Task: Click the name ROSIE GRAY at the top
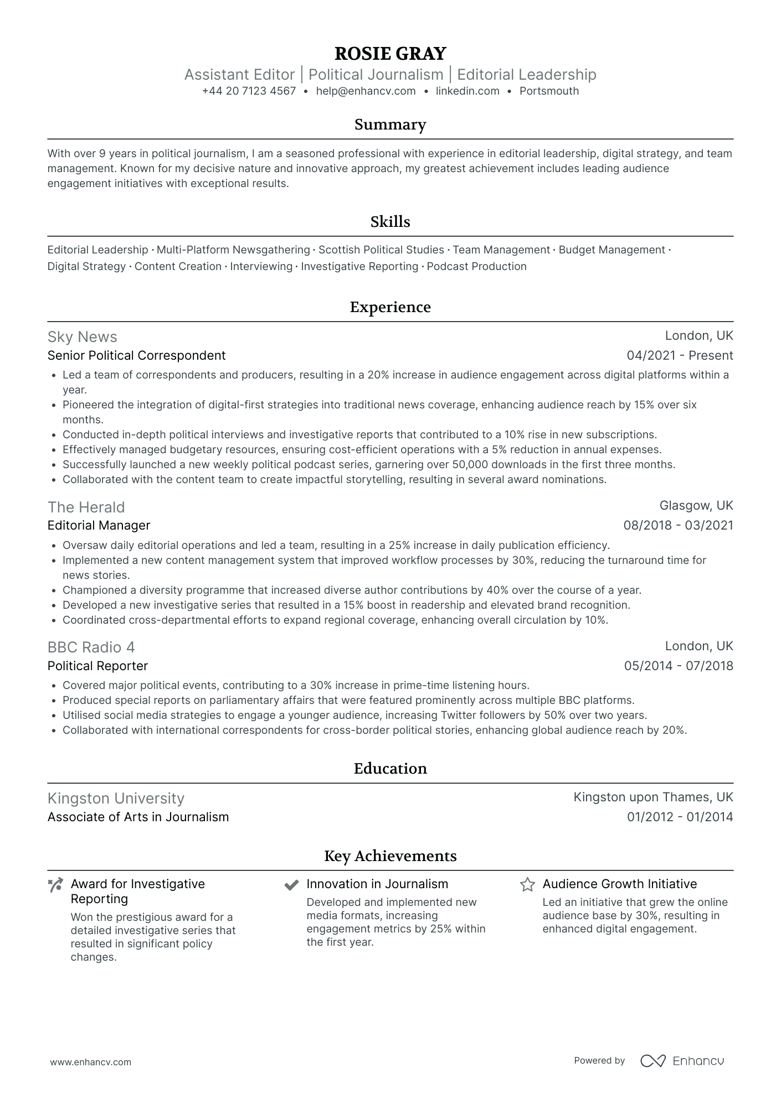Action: point(390,54)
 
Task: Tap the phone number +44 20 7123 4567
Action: point(249,91)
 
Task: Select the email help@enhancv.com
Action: point(366,91)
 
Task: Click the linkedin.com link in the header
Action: point(467,91)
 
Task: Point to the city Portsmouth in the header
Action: point(549,91)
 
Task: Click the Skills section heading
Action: point(390,222)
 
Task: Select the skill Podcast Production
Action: point(476,267)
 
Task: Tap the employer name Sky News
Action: point(83,337)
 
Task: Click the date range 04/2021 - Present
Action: point(680,356)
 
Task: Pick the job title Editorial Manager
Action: point(99,526)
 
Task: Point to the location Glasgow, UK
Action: point(696,506)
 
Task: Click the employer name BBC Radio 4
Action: point(91,647)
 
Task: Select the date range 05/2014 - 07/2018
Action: point(679,666)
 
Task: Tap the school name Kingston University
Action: point(116,799)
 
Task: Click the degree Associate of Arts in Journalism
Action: point(138,817)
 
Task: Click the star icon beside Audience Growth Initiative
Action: point(527,885)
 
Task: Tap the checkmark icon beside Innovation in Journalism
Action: point(291,885)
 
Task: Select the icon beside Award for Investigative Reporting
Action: point(55,885)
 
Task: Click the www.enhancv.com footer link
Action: point(91,1062)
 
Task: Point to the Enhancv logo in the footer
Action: point(682,1061)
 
